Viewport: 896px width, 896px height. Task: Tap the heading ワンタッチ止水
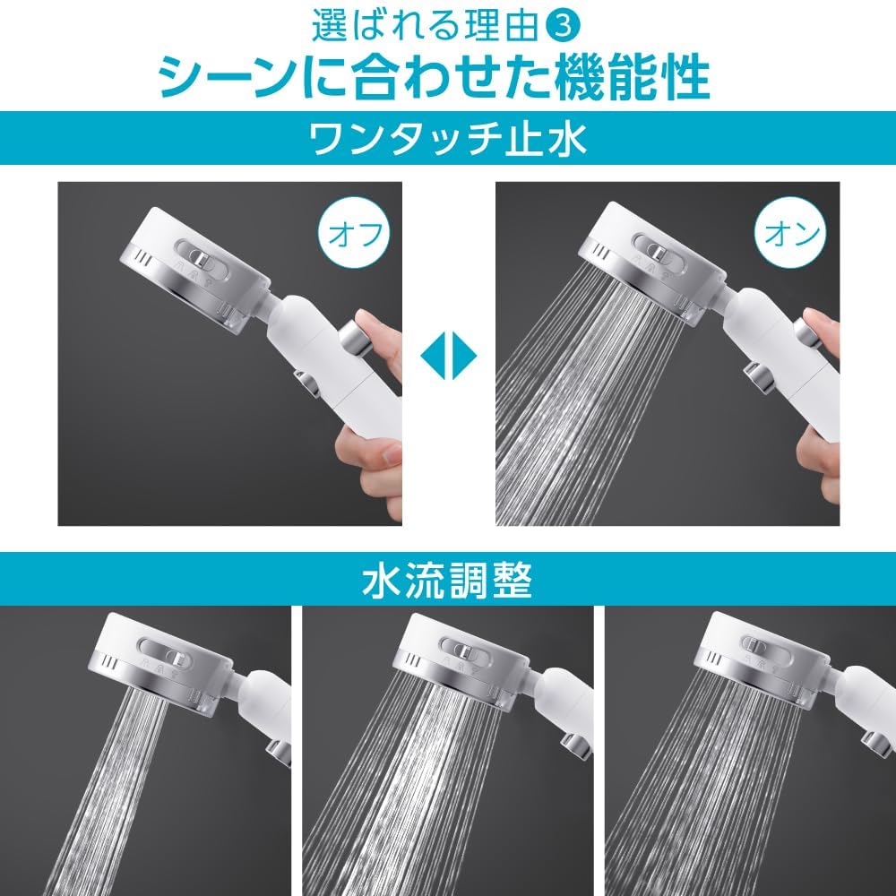(x=447, y=141)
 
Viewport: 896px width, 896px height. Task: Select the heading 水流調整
(x=447, y=581)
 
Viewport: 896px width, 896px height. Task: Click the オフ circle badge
(x=356, y=236)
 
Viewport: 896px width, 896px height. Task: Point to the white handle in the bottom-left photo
(x=269, y=708)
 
